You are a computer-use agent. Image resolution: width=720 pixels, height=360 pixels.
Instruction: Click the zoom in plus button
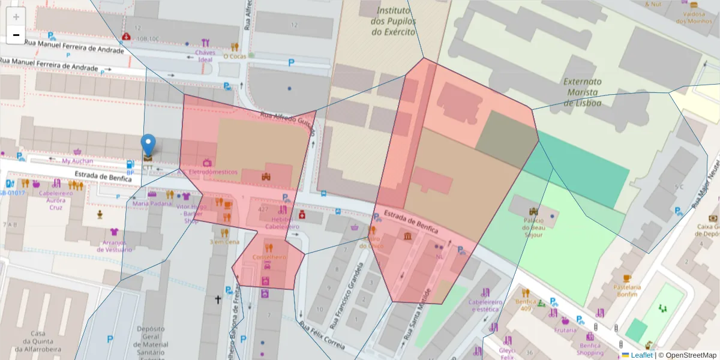click(16, 17)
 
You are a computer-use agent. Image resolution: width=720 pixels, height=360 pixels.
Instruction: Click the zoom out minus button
click(16, 35)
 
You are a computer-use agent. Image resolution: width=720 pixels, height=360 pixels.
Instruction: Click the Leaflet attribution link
click(641, 355)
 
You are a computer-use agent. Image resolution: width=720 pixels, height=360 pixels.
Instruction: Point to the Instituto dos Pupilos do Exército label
click(393, 21)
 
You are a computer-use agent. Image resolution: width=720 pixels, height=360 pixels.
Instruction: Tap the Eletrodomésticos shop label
click(213, 172)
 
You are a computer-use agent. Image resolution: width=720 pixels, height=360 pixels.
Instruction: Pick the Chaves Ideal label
click(205, 56)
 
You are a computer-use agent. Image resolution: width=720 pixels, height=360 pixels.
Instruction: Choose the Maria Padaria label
click(152, 203)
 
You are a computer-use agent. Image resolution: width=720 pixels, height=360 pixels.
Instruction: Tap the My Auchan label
click(77, 161)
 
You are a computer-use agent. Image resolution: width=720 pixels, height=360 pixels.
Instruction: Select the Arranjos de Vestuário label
click(113, 245)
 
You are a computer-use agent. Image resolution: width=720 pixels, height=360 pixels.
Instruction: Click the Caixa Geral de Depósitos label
click(709, 230)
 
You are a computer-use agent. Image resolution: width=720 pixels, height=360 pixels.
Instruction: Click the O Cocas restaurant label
click(235, 56)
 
